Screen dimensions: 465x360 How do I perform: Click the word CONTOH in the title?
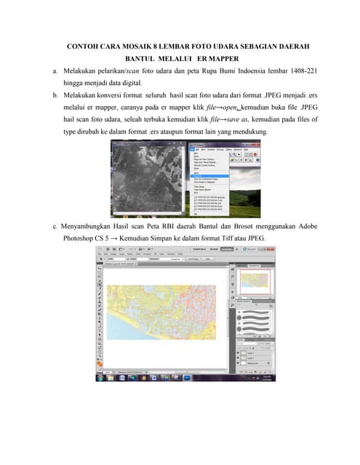click(82, 46)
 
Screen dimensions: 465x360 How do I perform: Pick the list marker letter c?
click(55, 226)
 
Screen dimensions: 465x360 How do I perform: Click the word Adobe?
click(304, 226)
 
